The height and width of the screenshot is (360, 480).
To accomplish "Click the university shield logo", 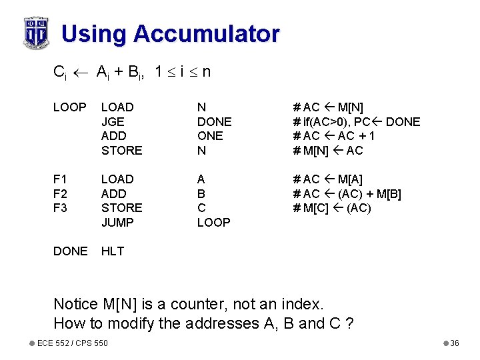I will (x=35, y=32).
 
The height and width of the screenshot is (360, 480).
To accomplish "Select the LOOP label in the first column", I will (x=69, y=107).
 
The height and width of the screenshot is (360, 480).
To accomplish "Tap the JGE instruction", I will (x=113, y=122).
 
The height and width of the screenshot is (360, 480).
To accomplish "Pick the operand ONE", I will (x=210, y=136).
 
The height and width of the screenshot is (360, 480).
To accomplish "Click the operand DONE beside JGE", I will (x=214, y=122).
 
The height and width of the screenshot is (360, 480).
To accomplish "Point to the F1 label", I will (x=61, y=179).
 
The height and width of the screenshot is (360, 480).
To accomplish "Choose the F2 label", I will (x=61, y=194).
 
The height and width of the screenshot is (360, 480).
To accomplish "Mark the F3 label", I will (x=61, y=208).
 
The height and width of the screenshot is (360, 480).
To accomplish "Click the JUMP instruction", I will (x=117, y=223).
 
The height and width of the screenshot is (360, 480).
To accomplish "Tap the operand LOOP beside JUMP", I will (x=213, y=223).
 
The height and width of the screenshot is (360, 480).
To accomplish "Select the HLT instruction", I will (x=113, y=251).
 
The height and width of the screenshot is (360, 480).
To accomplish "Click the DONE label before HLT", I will (x=70, y=251).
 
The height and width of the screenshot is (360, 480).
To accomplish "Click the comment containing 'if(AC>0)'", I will (x=356, y=122).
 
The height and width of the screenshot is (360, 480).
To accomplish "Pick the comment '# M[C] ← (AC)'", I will (x=332, y=208).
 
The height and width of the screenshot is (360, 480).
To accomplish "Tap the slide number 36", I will (x=455, y=343).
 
